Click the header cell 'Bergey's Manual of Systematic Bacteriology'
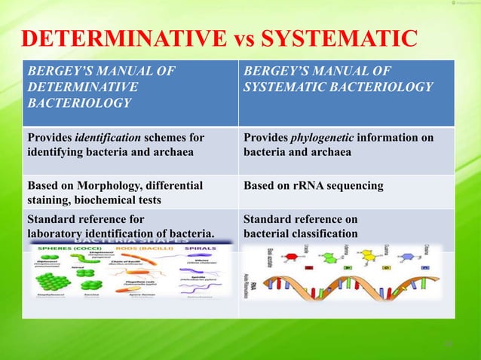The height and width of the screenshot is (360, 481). pos(338,80)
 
